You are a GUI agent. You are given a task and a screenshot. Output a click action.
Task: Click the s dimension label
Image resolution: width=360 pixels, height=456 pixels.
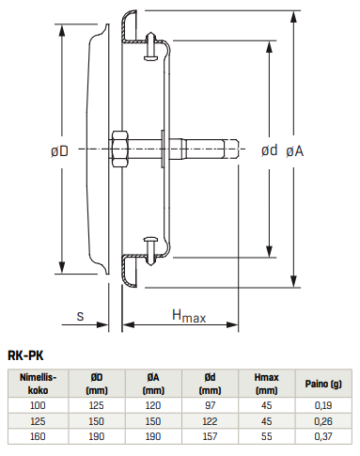tap(81, 317)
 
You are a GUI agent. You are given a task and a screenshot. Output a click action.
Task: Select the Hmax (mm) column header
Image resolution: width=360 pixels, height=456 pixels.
tap(266, 383)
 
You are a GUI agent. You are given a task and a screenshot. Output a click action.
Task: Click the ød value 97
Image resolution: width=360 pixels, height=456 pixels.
tap(210, 404)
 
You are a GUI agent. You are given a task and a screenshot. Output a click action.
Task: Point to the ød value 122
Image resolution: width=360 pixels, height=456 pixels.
tap(210, 421)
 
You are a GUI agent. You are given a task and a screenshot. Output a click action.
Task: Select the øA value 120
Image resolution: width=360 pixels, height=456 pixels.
tap(152, 404)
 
